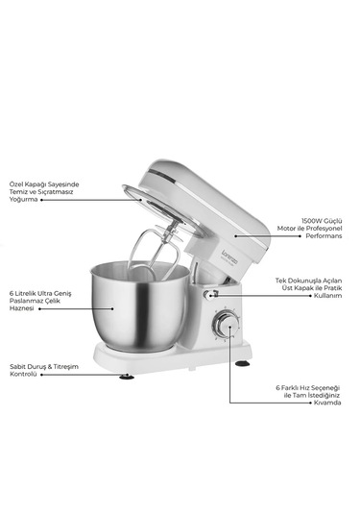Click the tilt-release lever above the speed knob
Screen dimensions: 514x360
(212, 294)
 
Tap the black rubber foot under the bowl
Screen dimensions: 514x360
(128, 375)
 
